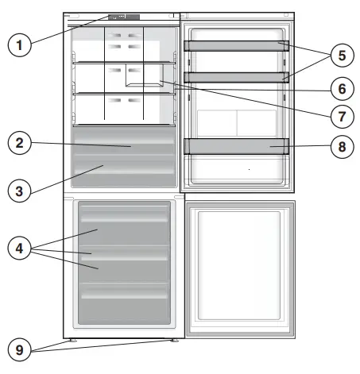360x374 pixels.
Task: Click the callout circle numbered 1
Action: pos(20,44)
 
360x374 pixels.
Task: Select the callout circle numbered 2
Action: pos(20,144)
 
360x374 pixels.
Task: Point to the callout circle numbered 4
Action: pos(20,249)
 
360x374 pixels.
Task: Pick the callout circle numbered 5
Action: pos(339,56)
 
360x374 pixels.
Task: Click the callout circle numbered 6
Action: pos(339,87)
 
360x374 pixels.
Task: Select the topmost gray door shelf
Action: pos(236,46)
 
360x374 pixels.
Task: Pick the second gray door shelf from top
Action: pos(236,76)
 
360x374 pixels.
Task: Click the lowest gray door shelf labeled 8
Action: pos(236,145)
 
